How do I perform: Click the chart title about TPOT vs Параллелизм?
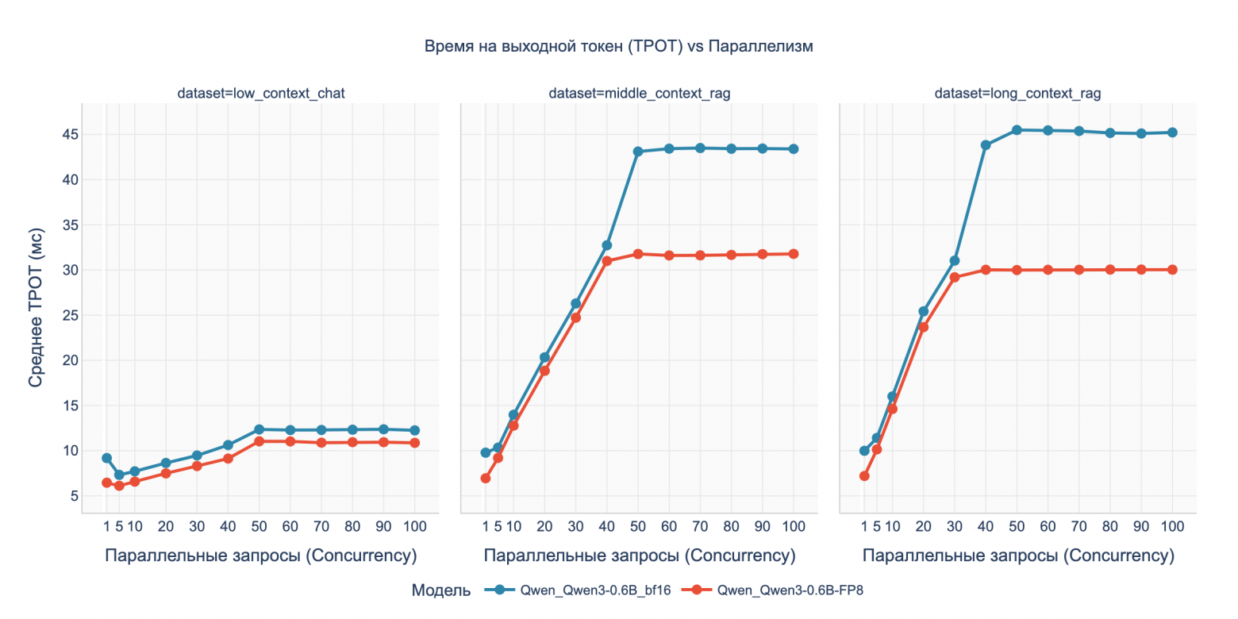pos(618,47)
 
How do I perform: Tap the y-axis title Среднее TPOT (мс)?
pos(36,307)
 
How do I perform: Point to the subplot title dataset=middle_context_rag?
pos(639,94)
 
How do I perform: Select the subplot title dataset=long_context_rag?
pos(1017,94)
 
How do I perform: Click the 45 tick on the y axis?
pos(69,134)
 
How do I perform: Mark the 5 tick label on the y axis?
pos(73,496)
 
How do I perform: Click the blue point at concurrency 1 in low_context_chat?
pos(106,458)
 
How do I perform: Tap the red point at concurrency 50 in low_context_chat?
pos(259,441)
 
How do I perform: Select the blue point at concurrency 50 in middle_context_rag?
pos(637,152)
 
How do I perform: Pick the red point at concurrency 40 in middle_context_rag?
pos(607,261)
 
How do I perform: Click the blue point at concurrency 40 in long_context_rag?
pos(986,145)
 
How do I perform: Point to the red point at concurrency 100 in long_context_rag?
pos(1172,270)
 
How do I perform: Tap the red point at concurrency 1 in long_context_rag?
pos(864,476)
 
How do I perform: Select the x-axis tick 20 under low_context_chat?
pos(165,526)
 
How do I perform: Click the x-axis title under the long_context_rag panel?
pos(1017,556)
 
